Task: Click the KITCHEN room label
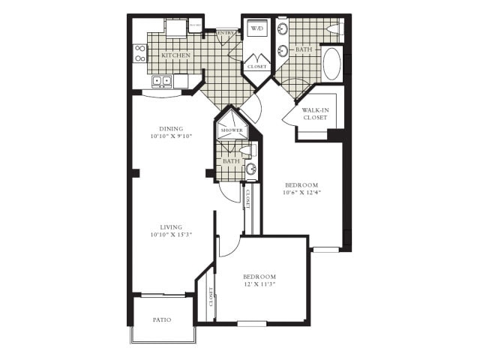pyautogui.click(x=176, y=55)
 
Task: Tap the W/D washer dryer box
pyautogui.click(x=257, y=29)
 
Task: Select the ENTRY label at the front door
pyautogui.click(x=226, y=32)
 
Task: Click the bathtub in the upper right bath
pyautogui.click(x=332, y=64)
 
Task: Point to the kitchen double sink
pyautogui.click(x=162, y=81)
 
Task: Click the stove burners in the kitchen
pyautogui.click(x=140, y=53)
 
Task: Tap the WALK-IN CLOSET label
pyautogui.click(x=316, y=114)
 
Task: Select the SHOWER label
pyautogui.click(x=232, y=130)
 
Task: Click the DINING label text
pyautogui.click(x=171, y=128)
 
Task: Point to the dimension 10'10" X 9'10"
pyautogui.click(x=171, y=136)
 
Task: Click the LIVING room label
pyautogui.click(x=171, y=226)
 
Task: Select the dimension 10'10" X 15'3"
pyautogui.click(x=171, y=235)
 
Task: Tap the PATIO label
pyautogui.click(x=162, y=319)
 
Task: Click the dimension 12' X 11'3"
pyautogui.click(x=259, y=284)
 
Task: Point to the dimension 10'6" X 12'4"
pyautogui.click(x=302, y=193)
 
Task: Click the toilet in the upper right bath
pyautogui.click(x=334, y=28)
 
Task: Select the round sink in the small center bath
pyautogui.click(x=251, y=169)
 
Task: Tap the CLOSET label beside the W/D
pyautogui.click(x=256, y=67)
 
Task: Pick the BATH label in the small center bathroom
pyautogui.click(x=231, y=160)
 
